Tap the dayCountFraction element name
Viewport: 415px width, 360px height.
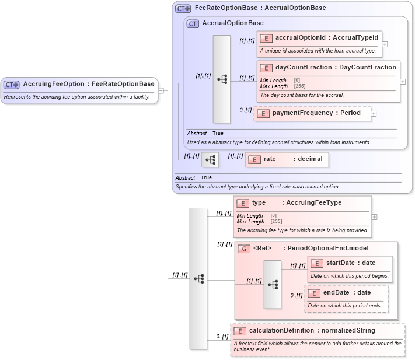(303, 67)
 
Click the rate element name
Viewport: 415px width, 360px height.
(270, 159)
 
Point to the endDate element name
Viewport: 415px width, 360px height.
(336, 292)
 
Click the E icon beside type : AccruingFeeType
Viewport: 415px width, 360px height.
(243, 203)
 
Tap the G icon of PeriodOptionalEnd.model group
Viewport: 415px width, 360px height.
(243, 249)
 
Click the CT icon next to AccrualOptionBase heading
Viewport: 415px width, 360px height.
(193, 23)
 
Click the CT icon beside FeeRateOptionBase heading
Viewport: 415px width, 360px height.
(183, 8)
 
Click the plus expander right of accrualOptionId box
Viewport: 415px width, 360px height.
(385, 44)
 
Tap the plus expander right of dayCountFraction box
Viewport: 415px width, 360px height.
(403, 82)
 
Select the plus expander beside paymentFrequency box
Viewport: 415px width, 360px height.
(374, 113)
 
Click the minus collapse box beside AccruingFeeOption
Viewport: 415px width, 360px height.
(161, 90)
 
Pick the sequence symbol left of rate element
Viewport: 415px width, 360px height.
(210, 159)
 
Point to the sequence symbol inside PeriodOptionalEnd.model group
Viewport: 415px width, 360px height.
(273, 284)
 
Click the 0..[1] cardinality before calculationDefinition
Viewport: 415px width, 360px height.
(222, 337)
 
